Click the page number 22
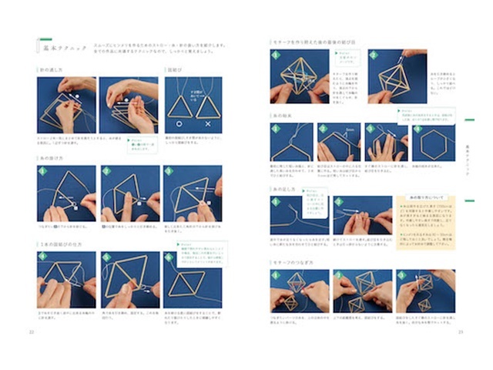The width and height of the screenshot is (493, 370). click(x=32, y=332)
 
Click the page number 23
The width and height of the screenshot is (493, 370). click(x=460, y=332)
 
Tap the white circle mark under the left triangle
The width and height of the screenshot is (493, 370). click(x=179, y=123)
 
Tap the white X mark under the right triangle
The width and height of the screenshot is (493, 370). click(x=208, y=123)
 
